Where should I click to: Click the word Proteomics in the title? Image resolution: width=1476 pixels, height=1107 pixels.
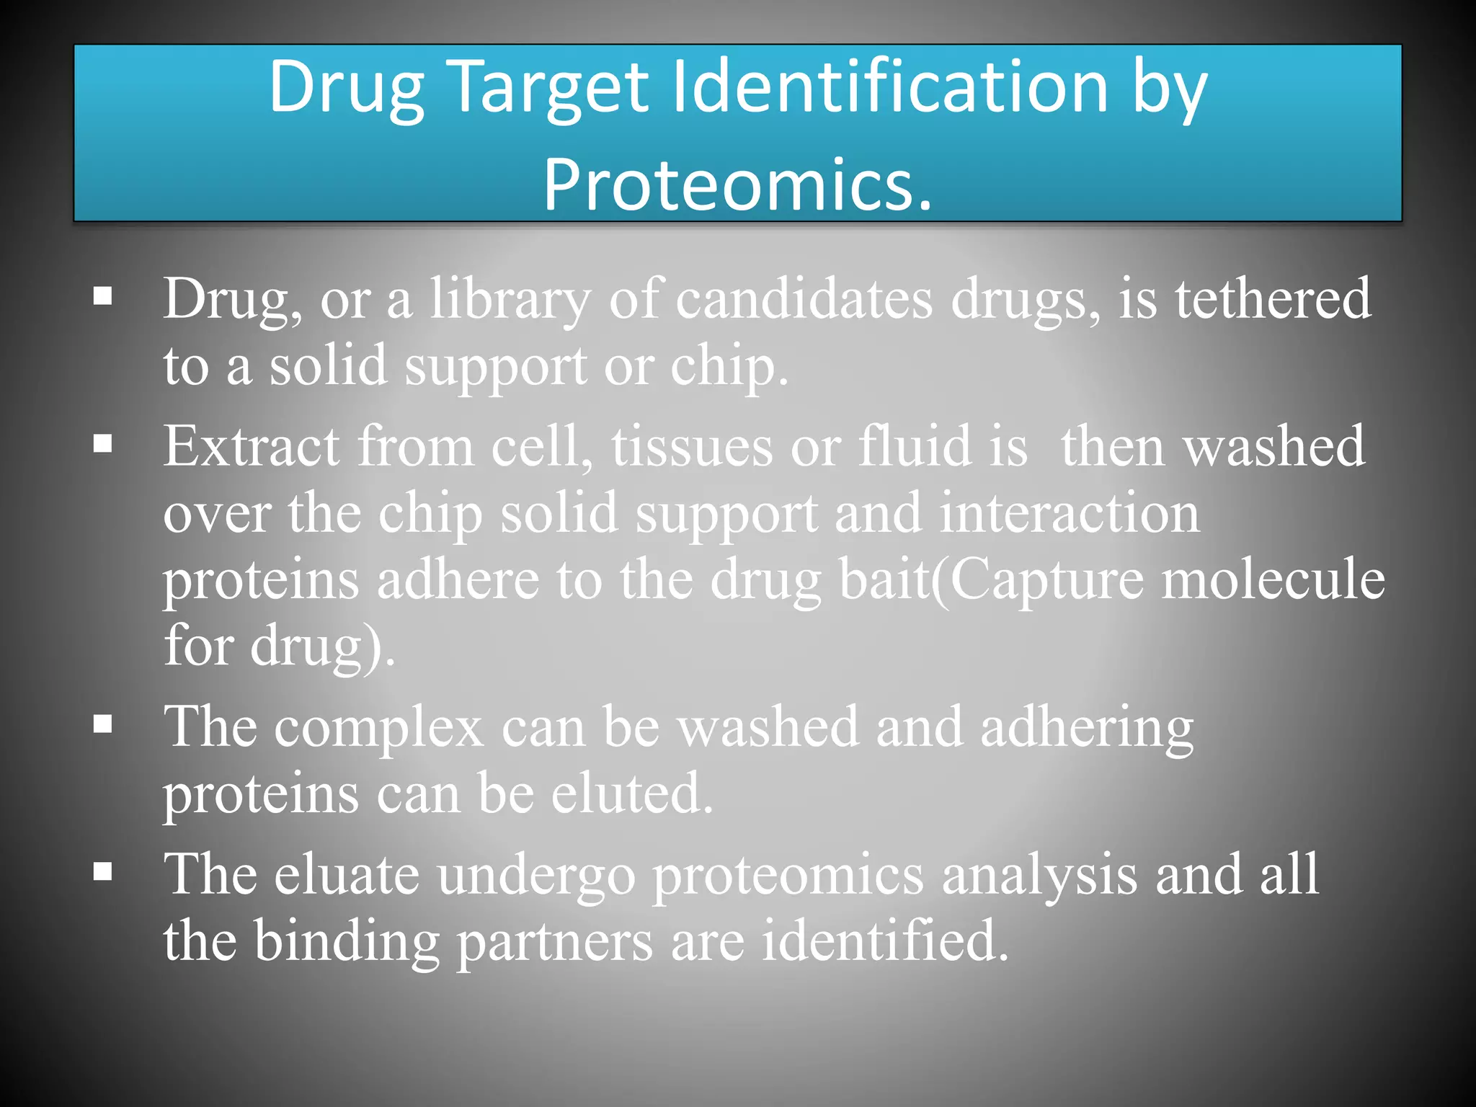pos(737,186)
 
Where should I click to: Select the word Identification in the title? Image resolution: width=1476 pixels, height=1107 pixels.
pos(889,88)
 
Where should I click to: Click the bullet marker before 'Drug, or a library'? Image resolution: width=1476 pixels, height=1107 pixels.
pos(103,295)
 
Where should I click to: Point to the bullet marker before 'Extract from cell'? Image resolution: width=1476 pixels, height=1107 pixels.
pos(103,443)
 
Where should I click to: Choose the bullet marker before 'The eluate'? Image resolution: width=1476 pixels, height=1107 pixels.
pos(103,871)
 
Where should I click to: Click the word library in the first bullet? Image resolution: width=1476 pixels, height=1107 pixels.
pos(510,300)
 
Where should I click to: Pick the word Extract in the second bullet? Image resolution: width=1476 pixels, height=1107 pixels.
pos(251,447)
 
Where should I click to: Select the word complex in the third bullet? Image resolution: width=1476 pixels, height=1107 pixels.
pos(378,728)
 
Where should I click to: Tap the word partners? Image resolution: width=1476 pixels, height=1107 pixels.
pos(555,943)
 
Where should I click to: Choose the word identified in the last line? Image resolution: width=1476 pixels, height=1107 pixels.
pos(884,941)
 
